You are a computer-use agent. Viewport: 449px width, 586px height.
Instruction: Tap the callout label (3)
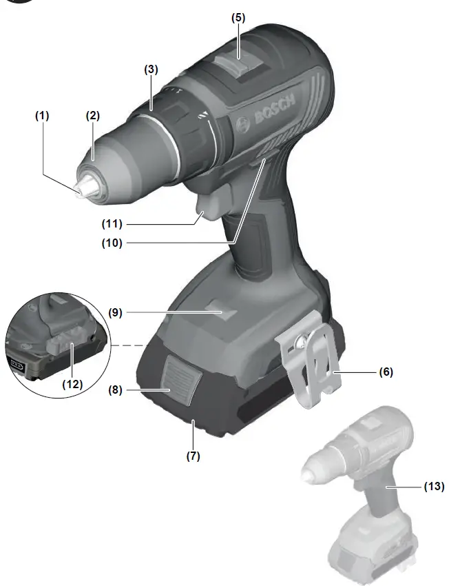(x=151, y=70)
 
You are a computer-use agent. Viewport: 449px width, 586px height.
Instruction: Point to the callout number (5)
(x=238, y=17)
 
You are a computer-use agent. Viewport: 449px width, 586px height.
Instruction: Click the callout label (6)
(x=386, y=372)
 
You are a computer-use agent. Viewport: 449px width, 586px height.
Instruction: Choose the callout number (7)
(x=192, y=456)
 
